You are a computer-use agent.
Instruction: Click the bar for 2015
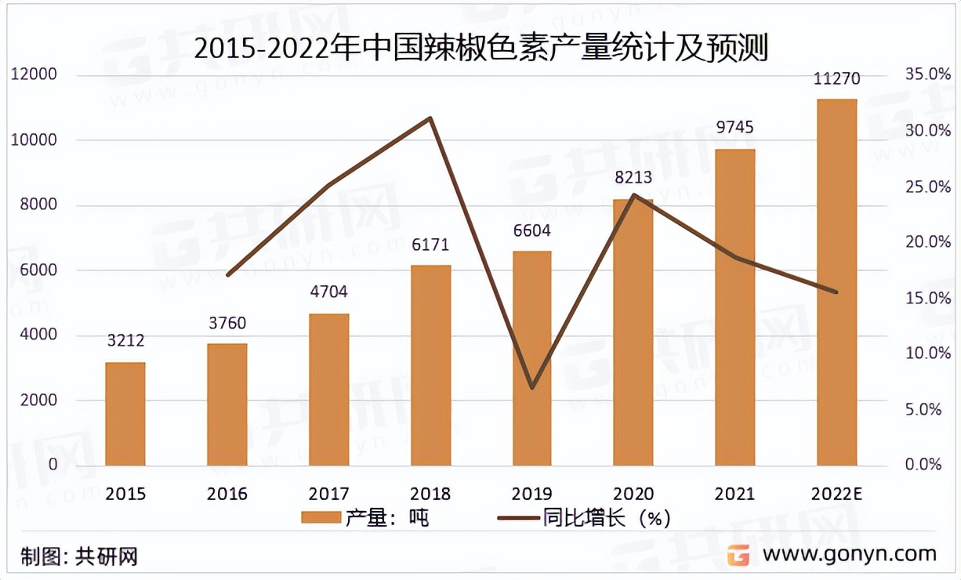click(x=125, y=414)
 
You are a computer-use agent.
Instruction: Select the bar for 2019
click(x=532, y=358)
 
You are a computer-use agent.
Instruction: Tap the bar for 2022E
click(x=837, y=282)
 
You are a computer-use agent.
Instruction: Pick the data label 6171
click(x=430, y=245)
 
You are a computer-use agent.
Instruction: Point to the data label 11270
click(x=837, y=78)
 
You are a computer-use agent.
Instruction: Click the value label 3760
click(x=227, y=324)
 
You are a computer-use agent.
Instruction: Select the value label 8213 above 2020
click(x=633, y=178)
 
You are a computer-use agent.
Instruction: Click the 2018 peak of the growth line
click(x=430, y=118)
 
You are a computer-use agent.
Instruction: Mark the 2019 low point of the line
click(x=532, y=387)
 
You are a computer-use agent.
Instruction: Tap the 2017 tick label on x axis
click(x=328, y=494)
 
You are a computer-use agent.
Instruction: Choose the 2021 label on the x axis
click(x=735, y=494)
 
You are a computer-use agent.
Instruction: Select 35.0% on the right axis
click(x=923, y=74)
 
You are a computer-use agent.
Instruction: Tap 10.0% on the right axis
click(x=923, y=353)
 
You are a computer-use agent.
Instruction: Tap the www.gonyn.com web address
click(x=850, y=554)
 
